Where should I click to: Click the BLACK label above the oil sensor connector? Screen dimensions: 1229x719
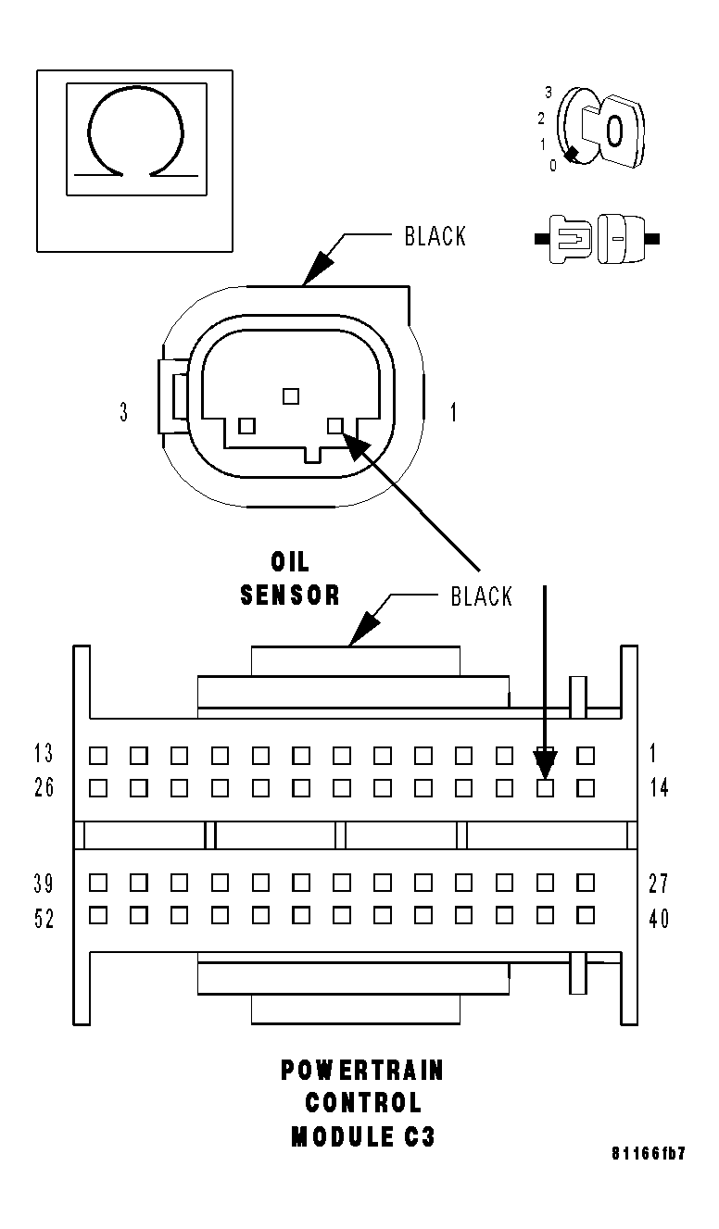(x=435, y=236)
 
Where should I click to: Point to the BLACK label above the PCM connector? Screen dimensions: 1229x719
(x=481, y=596)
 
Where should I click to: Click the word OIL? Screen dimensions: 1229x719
(x=290, y=561)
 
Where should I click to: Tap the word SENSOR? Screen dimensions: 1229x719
(x=290, y=595)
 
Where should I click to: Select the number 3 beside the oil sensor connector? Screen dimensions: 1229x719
(x=124, y=412)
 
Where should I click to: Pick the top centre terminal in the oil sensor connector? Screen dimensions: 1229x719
(x=291, y=395)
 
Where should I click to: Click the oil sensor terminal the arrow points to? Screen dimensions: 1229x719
(x=335, y=426)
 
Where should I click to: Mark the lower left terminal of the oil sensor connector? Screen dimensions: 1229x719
(x=246, y=426)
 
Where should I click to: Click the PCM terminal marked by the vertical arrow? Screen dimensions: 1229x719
(x=546, y=788)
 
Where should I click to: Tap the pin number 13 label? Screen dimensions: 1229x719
(x=44, y=753)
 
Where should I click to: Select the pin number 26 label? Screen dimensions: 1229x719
(x=44, y=788)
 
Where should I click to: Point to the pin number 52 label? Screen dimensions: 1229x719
(x=44, y=919)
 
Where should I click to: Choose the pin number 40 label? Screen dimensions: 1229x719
(x=659, y=919)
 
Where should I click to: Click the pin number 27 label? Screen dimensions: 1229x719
(x=659, y=883)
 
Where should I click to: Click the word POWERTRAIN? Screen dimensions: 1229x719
(x=362, y=1071)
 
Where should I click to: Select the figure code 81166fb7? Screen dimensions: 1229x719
(x=649, y=1154)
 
